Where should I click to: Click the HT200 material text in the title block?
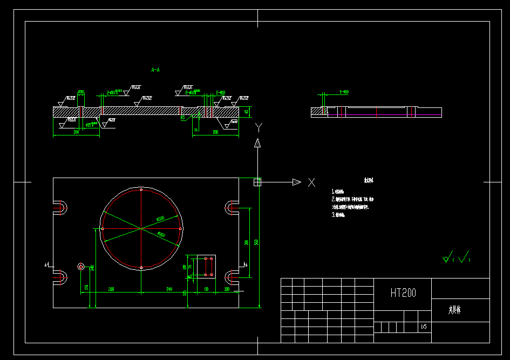(x=403, y=293)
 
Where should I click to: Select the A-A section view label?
(x=155, y=70)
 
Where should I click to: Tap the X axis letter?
(x=311, y=182)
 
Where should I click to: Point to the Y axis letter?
(x=259, y=127)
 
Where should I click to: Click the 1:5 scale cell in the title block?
(x=424, y=327)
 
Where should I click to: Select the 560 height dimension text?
(x=257, y=242)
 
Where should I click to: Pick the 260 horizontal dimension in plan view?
(x=111, y=290)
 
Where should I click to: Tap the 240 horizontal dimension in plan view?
(x=169, y=290)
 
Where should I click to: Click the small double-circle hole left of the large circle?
(x=81, y=266)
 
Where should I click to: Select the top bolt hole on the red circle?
(x=141, y=190)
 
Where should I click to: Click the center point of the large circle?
(x=141, y=229)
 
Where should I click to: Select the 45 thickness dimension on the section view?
(x=247, y=112)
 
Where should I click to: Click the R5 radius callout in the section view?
(x=182, y=117)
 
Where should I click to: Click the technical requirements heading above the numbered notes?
(x=369, y=181)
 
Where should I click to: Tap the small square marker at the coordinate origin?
(x=257, y=182)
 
